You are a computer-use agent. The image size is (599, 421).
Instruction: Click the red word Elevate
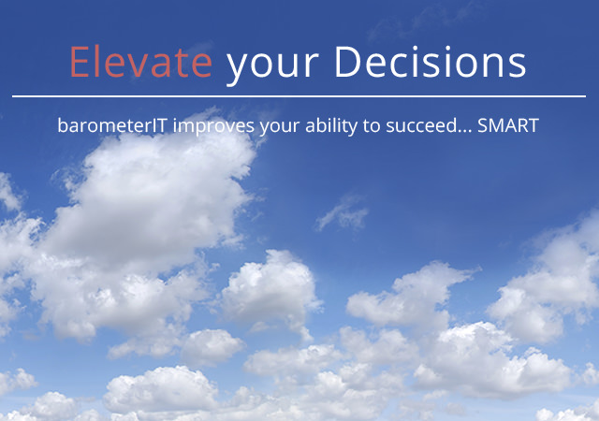click(140, 62)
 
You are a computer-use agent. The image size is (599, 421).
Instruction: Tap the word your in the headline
click(272, 66)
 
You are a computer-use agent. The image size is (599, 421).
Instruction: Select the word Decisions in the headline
click(431, 62)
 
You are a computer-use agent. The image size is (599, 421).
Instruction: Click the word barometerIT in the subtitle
click(112, 125)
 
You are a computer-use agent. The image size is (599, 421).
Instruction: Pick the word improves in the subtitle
click(213, 126)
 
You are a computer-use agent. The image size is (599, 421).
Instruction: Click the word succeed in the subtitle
click(421, 125)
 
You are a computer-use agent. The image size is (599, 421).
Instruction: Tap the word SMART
click(508, 125)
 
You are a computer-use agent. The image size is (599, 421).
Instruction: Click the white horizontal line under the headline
click(299, 96)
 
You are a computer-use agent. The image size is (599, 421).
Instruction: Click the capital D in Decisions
click(347, 62)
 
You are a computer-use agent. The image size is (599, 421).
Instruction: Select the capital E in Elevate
click(79, 62)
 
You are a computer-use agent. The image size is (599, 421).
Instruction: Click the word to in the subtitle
click(372, 126)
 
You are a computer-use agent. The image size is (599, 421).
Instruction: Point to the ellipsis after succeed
click(465, 131)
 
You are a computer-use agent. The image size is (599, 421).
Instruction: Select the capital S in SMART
click(483, 125)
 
